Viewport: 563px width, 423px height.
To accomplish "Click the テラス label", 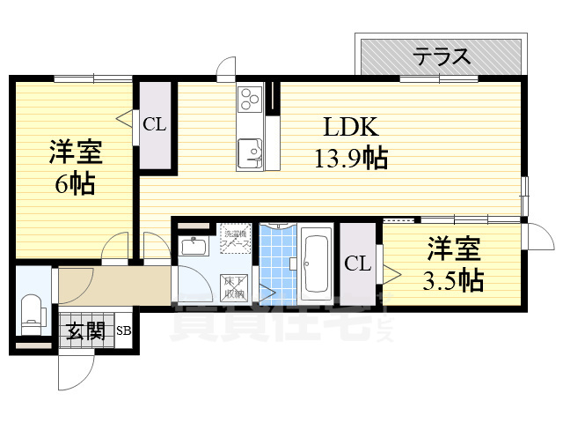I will [x=442, y=57].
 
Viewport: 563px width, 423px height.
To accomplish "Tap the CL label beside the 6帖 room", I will [x=155, y=124].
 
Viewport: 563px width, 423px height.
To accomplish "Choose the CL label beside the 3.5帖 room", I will [x=356, y=263].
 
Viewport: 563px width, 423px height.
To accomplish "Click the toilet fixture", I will [x=33, y=309].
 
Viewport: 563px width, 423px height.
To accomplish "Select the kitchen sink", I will [x=252, y=152].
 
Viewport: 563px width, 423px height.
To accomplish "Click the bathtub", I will [x=315, y=264].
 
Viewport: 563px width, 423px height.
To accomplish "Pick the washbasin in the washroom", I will [x=194, y=246].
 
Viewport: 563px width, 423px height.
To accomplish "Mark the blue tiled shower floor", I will [x=279, y=264].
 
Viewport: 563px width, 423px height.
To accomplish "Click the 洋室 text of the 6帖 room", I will [x=76, y=152].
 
